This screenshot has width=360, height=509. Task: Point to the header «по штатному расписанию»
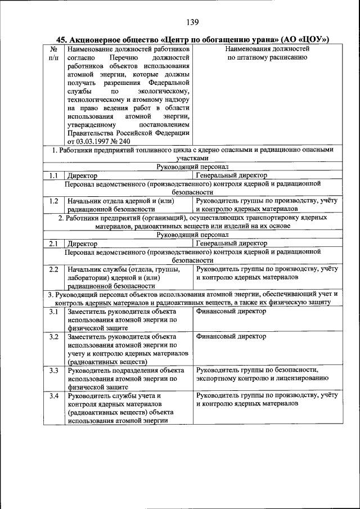click(x=267, y=58)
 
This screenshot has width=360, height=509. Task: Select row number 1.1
click(x=53, y=175)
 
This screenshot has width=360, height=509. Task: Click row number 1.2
click(x=53, y=200)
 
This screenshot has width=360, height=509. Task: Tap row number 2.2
click(x=53, y=269)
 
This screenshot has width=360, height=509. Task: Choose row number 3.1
click(x=53, y=311)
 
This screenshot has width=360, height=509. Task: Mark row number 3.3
click(x=53, y=370)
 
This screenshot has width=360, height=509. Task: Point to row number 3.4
click(x=53, y=395)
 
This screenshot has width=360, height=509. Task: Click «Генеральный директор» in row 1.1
click(x=231, y=175)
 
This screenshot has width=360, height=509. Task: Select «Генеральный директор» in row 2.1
click(x=231, y=244)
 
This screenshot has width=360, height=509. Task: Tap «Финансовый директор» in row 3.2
click(x=231, y=336)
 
